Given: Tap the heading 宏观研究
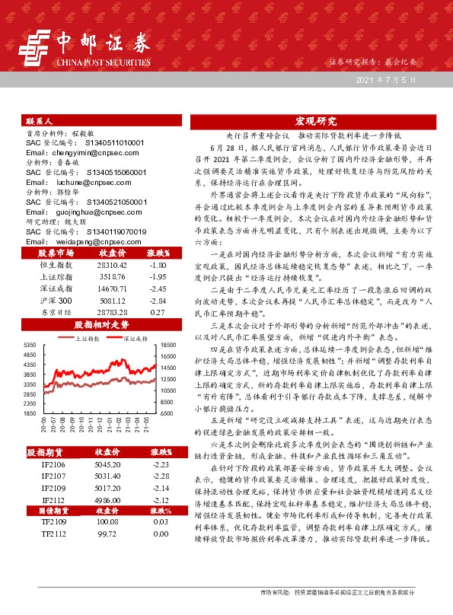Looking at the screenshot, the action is click(315, 120).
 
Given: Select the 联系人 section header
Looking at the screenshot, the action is click(39, 121).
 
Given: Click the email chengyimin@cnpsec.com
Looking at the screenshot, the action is click(69, 152).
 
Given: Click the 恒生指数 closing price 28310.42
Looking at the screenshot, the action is click(107, 263).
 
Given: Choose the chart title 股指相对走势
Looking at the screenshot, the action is click(101, 324).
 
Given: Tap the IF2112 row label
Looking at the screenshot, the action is click(53, 499).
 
